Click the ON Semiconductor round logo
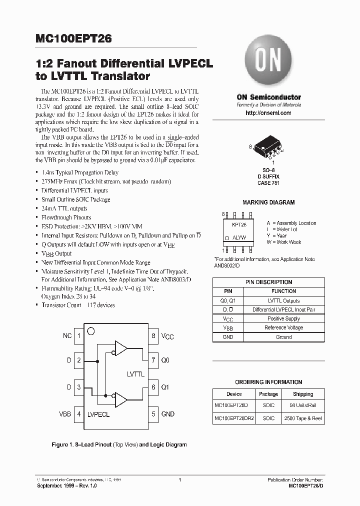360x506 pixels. click(x=268, y=64)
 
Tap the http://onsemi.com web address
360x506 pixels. click(x=268, y=113)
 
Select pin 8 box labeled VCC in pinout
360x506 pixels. click(x=153, y=336)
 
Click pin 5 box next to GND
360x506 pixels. click(x=153, y=414)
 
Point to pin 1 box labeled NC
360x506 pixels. click(x=79, y=336)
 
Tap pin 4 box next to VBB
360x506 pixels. click(x=79, y=414)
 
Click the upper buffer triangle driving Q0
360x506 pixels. click(x=121, y=348)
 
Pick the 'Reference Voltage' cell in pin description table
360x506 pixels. click(x=283, y=328)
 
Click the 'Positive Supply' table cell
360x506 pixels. click(x=283, y=318)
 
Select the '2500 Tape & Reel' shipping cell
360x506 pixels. click(x=303, y=418)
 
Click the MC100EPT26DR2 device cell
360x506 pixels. click(x=234, y=418)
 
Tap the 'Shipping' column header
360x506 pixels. click(x=303, y=394)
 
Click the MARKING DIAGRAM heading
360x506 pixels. click(x=268, y=202)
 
